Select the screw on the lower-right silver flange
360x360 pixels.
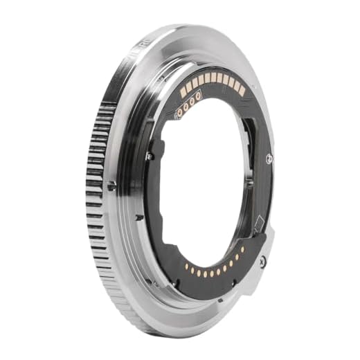(262, 261)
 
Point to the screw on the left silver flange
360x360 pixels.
(111, 186)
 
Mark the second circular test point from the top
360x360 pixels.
(192, 101)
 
